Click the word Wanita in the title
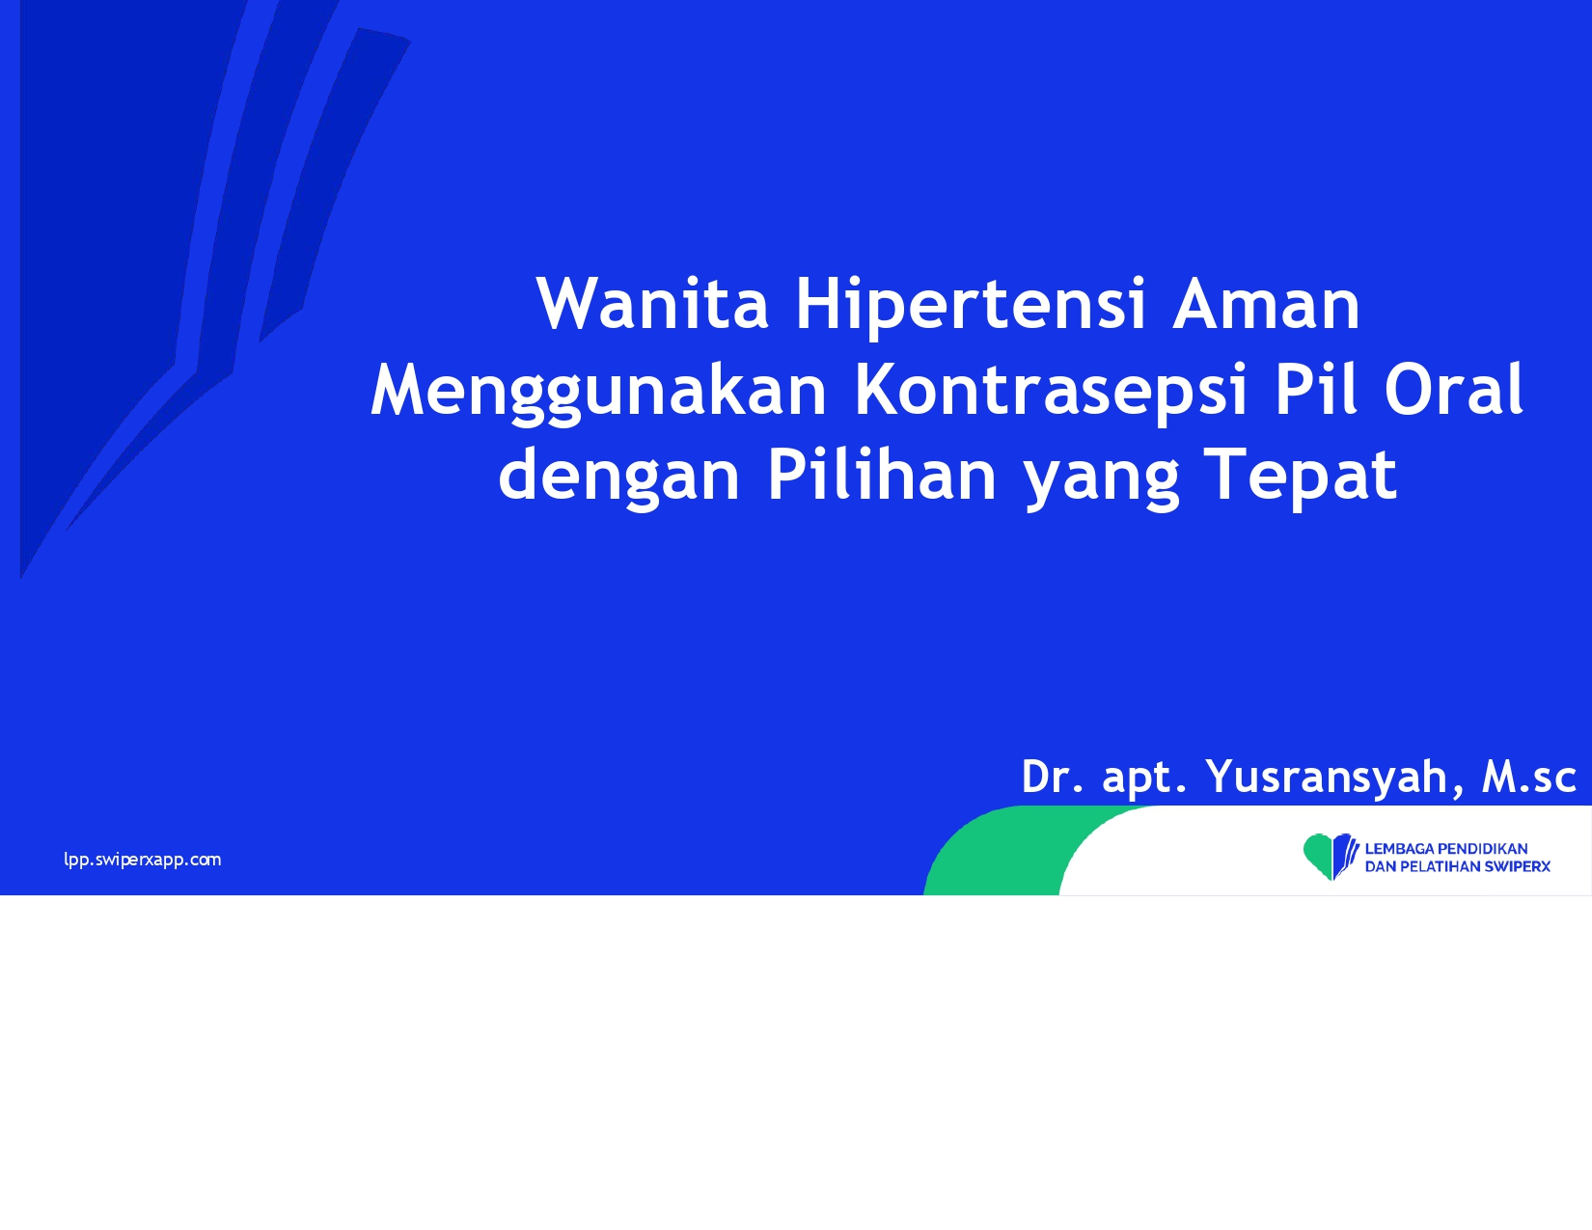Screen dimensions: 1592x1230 coord(652,303)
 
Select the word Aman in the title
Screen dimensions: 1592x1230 coord(1266,303)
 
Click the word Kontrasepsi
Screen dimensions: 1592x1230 coord(1051,392)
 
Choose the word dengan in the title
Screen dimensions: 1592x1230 coord(619,477)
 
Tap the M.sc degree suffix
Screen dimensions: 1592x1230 coord(1528,777)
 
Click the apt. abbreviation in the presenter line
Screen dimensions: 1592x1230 coord(1144,779)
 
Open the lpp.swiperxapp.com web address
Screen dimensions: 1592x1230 coord(142,860)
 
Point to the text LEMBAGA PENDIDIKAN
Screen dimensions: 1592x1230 coord(1446,848)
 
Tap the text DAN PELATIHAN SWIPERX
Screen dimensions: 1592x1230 coord(1458,866)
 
